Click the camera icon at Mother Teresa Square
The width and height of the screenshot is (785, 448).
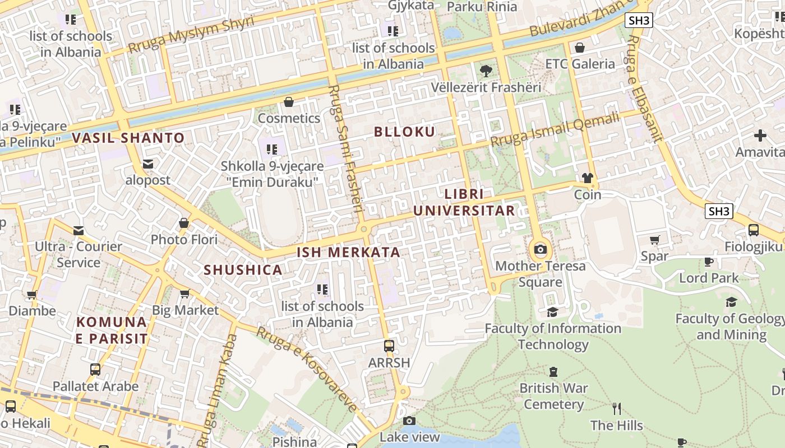click(x=540, y=249)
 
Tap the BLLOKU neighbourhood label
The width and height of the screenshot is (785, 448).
click(x=404, y=132)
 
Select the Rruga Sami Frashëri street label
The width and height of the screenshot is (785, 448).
click(x=347, y=151)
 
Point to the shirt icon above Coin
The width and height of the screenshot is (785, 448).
click(x=587, y=178)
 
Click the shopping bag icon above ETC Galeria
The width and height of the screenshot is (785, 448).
click(x=580, y=47)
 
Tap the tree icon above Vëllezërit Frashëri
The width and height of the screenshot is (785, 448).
click(x=486, y=71)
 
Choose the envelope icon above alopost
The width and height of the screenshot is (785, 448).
click(x=148, y=164)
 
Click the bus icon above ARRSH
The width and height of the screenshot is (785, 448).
click(x=389, y=346)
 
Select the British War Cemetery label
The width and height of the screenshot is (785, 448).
click(x=553, y=396)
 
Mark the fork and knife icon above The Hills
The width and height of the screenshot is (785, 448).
click(x=617, y=408)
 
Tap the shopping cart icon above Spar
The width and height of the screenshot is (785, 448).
click(x=654, y=240)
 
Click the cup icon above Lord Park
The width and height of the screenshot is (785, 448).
click(x=709, y=262)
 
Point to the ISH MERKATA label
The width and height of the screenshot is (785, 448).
click(x=348, y=253)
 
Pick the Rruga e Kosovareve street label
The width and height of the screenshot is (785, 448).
click(x=307, y=370)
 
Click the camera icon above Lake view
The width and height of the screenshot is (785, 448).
click(x=409, y=421)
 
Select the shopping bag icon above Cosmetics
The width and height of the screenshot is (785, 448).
click(x=289, y=102)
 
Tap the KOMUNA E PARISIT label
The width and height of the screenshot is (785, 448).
click(x=112, y=330)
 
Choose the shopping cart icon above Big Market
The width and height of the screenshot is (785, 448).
click(x=184, y=293)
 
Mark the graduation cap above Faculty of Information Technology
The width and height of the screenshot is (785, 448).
click(x=552, y=312)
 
